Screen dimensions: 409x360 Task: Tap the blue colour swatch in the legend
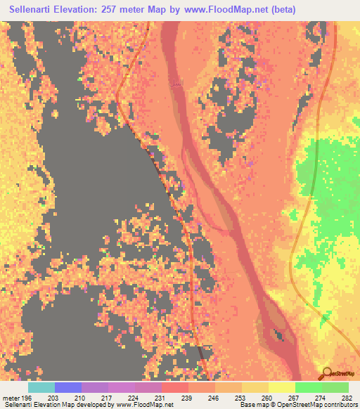click(x=67, y=387)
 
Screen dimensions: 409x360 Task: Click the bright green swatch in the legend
click(x=308, y=387)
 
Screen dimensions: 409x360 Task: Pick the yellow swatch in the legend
click(x=281, y=387)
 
